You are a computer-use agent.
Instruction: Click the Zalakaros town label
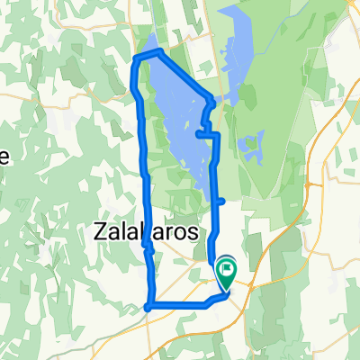pos(146,231)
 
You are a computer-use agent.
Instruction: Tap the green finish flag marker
pos(226,266)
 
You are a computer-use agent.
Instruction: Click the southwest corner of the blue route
pos(149,306)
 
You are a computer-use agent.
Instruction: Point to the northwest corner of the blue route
pos(135,58)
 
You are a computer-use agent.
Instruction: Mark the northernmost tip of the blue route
pos(158,52)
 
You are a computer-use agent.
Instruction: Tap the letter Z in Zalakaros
pos(100,231)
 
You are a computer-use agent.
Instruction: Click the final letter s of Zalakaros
pos(193,231)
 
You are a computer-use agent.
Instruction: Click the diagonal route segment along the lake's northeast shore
pos(184,76)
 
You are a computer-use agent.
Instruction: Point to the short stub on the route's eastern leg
pos(221,202)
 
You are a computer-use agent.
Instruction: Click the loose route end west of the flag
pos(210,260)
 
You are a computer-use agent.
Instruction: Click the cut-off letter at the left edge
pos(4,156)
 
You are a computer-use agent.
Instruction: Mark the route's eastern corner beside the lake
pos(212,100)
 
